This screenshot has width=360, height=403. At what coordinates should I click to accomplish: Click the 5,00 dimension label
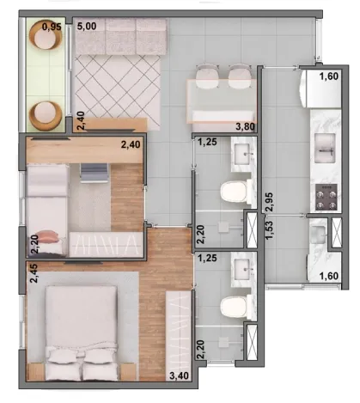87,27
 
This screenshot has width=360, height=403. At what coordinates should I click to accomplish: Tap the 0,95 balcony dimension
52,27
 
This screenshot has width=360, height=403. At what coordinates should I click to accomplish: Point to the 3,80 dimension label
245,126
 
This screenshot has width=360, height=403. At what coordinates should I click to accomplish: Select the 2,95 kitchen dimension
269,202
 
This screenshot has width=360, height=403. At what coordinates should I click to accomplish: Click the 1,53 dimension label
269,229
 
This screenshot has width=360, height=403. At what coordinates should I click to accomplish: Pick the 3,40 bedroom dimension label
179,376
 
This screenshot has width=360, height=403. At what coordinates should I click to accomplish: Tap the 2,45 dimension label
34,273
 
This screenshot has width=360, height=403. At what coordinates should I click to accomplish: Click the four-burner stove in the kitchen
326,197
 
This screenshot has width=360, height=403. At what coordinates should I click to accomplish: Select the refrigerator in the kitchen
320,89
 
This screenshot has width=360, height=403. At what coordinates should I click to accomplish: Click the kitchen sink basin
325,148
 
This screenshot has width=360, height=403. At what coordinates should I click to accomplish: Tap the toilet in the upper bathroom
235,192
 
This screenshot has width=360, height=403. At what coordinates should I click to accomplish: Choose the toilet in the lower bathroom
235,307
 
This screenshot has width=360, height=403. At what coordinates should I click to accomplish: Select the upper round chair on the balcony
46,35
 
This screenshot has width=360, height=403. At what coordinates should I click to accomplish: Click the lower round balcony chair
46,115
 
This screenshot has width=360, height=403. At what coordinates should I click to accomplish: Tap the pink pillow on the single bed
49,236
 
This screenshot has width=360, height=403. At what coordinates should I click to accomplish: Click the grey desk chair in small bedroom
94,173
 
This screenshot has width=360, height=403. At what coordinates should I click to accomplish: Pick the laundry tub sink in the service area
318,231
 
